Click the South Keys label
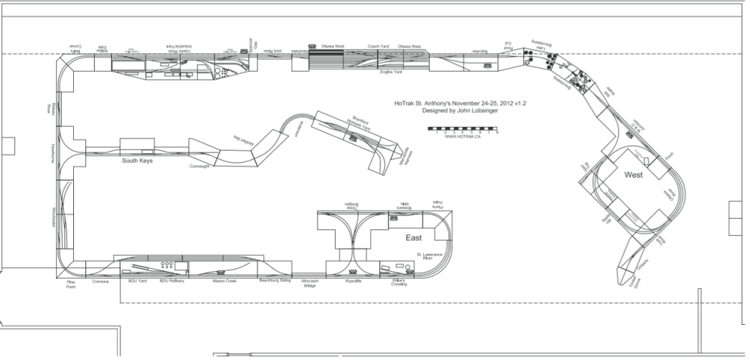pyautogui.click(x=139, y=161)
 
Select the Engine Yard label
pyautogui.click(x=391, y=72)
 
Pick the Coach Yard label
pyautogui.click(x=378, y=47)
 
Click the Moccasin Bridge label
pyautogui.click(x=310, y=283)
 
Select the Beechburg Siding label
pyautogui.click(x=275, y=280)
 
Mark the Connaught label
pyautogui.click(x=199, y=166)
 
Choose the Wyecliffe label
pyautogui.click(x=353, y=281)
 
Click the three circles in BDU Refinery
pyautogui.click(x=166, y=265)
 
